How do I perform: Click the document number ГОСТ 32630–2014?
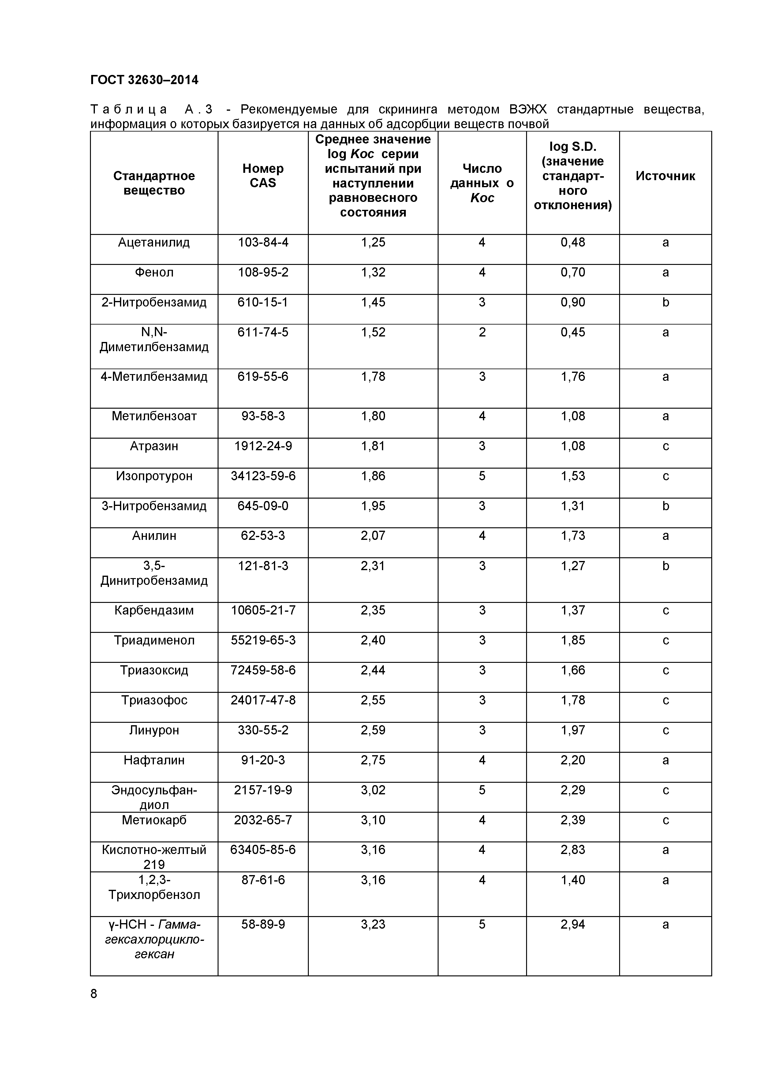[144, 80]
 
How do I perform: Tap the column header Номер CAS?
[263, 176]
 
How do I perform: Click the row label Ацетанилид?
[154, 243]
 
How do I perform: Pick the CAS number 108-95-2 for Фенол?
[263, 273]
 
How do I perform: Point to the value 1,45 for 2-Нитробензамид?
[373, 303]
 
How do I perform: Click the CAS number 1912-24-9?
[263, 446]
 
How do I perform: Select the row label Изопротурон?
[154, 476]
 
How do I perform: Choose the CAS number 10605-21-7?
[263, 610]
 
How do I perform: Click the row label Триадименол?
[154, 640]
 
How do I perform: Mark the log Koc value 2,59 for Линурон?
[373, 730]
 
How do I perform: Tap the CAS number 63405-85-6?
[263, 850]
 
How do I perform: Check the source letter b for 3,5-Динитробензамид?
[665, 566]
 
